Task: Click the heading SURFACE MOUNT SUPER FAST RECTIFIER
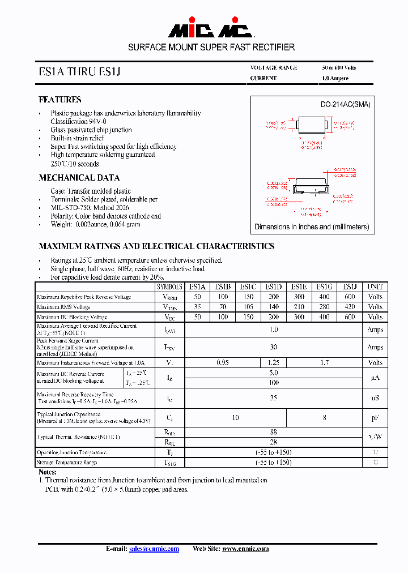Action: [211, 47]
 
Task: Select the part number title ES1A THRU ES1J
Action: [79, 72]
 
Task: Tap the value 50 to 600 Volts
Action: [339, 67]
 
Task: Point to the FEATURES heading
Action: [59, 100]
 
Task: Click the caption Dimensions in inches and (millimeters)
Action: [311, 226]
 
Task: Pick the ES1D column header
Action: [274, 287]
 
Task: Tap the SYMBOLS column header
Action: [169, 287]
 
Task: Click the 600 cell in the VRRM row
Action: [350, 297]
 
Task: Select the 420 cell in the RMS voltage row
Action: [350, 307]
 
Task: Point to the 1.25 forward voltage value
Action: [274, 362]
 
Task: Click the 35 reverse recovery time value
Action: [274, 398]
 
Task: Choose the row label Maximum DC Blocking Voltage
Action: [72, 317]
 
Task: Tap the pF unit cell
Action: [375, 418]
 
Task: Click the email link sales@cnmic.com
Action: [154, 549]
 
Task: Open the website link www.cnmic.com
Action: [245, 549]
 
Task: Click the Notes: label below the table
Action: [48, 472]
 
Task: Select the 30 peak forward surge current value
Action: [274, 347]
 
